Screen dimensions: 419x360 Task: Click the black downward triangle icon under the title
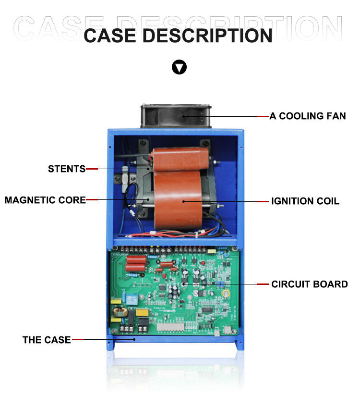[x=180, y=67]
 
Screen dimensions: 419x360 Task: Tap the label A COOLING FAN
[x=307, y=116]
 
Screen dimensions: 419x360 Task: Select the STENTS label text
[x=66, y=169]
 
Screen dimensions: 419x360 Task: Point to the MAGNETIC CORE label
[x=45, y=200]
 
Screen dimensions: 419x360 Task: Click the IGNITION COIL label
[x=305, y=201]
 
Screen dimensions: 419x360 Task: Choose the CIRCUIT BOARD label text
[x=310, y=284]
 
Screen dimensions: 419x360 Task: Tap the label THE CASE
[x=47, y=340]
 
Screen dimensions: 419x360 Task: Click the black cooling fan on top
[x=176, y=116]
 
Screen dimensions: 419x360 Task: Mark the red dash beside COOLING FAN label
[x=263, y=116]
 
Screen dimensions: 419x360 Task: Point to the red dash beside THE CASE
[x=78, y=340]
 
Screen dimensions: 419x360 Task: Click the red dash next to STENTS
[x=92, y=169]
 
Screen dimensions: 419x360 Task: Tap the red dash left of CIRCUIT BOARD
[x=263, y=284]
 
